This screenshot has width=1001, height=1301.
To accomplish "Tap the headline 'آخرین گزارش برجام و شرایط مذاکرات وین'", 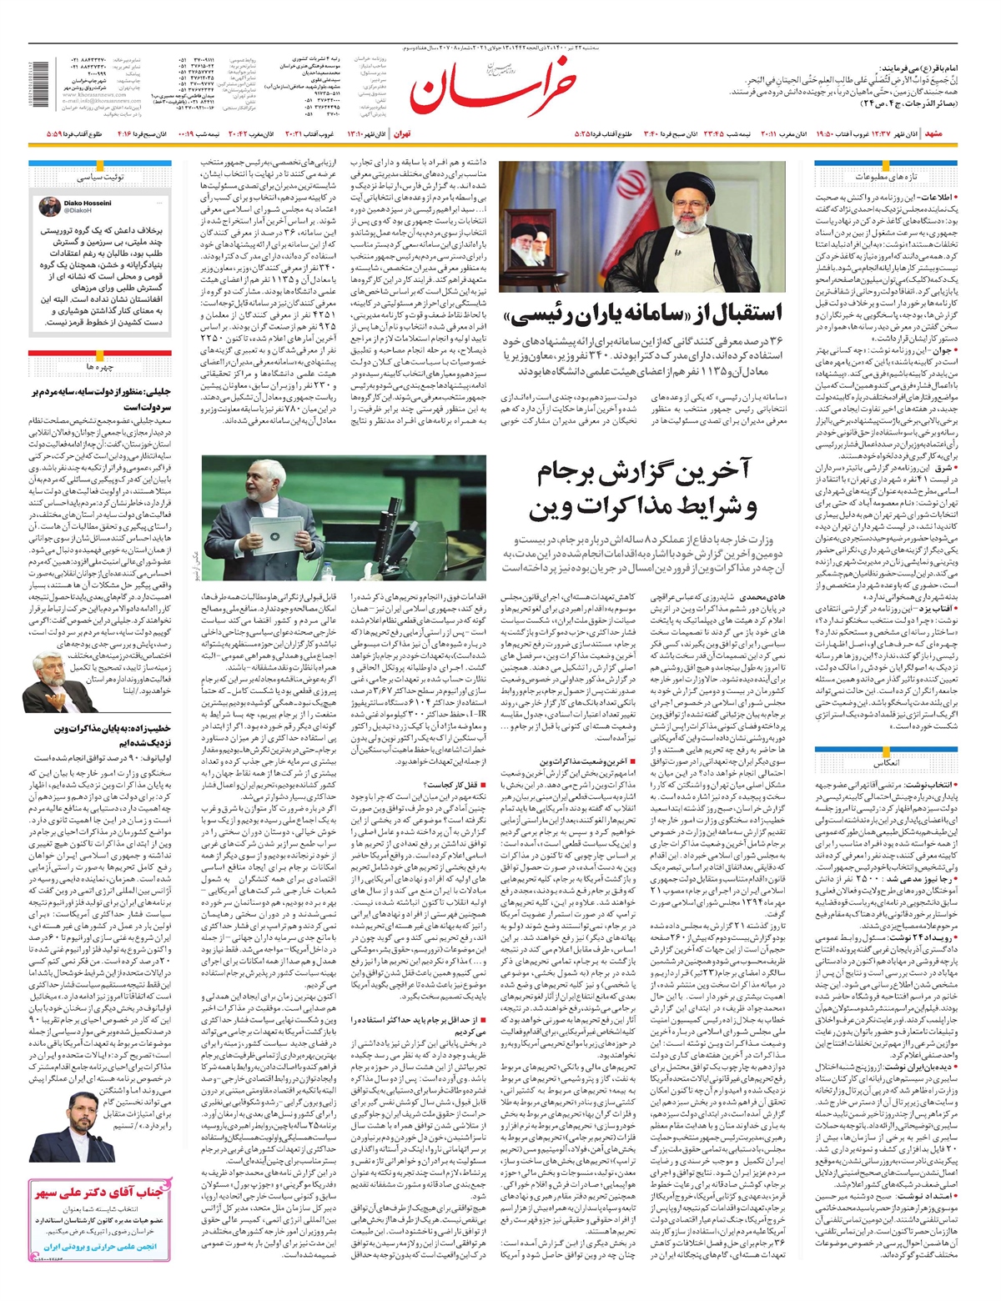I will [642, 490].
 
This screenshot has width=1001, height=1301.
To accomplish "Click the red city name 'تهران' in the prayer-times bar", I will [402, 133].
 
